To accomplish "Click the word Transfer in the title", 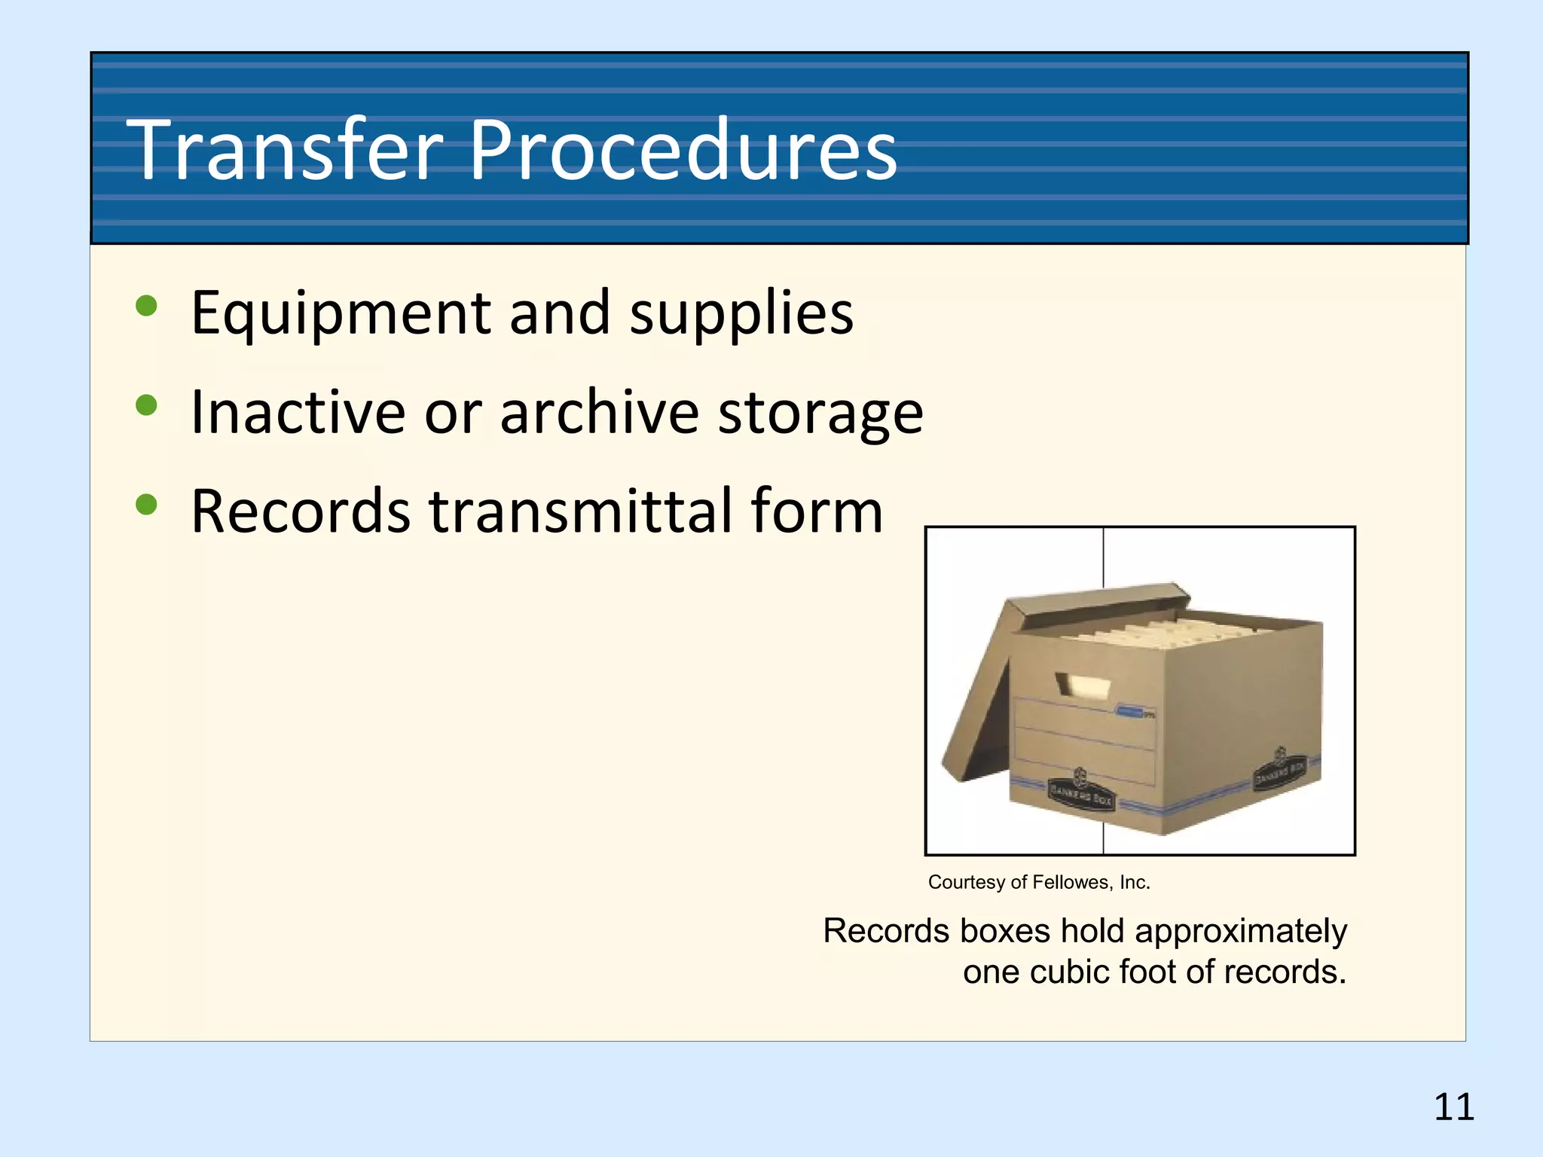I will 285,151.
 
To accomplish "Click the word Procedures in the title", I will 683,151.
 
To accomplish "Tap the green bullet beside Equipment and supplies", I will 146,306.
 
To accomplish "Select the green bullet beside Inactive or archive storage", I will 146,405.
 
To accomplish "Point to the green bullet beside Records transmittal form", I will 146,505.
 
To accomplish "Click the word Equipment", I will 341,313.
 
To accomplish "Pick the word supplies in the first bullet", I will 741,313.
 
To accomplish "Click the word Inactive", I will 298,412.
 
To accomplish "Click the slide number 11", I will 1453,1107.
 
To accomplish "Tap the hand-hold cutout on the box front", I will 1083,685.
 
